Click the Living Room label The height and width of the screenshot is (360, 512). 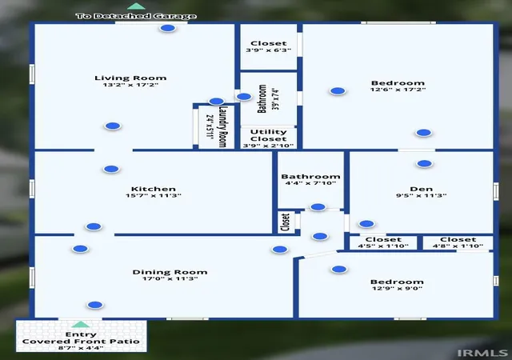click(130, 78)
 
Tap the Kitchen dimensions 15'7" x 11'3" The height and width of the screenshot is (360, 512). click(154, 196)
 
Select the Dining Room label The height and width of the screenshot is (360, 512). click(170, 272)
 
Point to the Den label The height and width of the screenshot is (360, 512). click(422, 189)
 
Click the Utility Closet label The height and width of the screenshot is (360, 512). click(269, 135)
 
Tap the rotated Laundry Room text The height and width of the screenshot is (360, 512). click(222, 126)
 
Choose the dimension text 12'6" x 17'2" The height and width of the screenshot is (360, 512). click(398, 90)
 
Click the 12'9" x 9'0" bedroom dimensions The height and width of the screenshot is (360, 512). click(398, 289)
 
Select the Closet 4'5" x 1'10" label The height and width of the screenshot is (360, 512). click(383, 242)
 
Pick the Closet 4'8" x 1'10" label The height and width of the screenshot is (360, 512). click(458, 242)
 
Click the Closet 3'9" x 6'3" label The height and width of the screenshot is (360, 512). click(269, 46)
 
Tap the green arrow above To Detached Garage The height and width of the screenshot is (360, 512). click(136, 6)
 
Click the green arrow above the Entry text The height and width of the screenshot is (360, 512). click(80, 324)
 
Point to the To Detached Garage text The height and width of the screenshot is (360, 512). click(136, 16)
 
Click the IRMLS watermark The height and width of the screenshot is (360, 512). click(482, 353)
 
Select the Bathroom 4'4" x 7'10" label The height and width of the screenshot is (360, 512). click(310, 180)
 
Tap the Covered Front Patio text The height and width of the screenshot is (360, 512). click(81, 342)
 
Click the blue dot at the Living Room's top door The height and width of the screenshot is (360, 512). click(168, 28)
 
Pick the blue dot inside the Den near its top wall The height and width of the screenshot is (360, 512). click(424, 164)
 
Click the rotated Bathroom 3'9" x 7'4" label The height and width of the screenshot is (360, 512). click(268, 98)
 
